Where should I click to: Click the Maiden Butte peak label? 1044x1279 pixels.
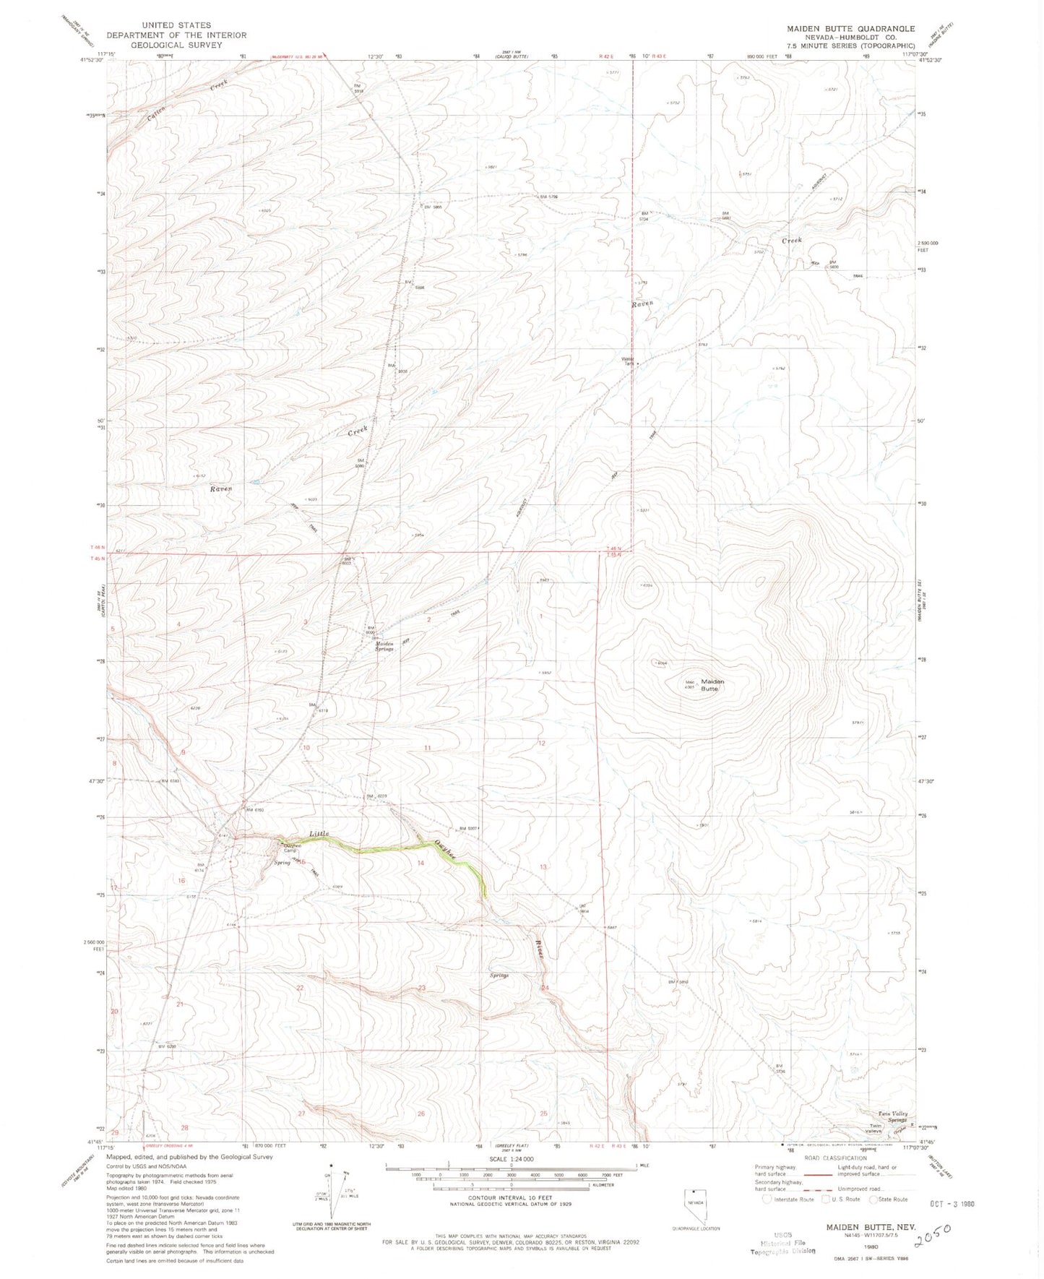click(712, 684)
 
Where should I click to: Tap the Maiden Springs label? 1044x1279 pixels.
click(384, 646)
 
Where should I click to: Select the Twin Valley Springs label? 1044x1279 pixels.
click(892, 1116)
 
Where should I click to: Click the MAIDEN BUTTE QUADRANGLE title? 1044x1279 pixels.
click(850, 29)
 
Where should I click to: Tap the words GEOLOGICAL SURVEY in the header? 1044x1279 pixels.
click(176, 45)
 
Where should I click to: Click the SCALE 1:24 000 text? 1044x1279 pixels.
click(511, 1159)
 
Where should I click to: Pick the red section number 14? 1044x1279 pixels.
click(420, 863)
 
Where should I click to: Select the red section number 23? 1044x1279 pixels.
click(421, 988)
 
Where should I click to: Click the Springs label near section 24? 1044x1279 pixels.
click(499, 975)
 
